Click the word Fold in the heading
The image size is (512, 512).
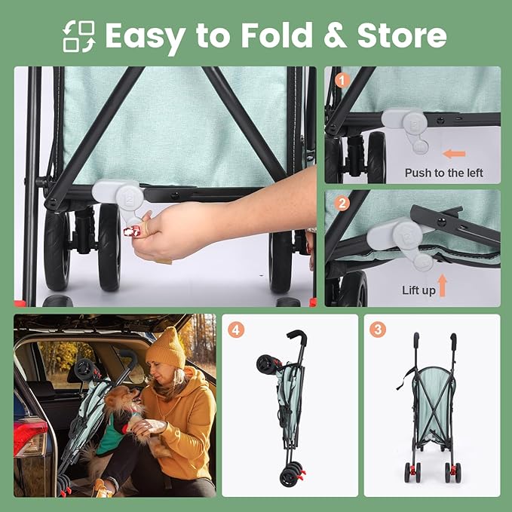click(x=277, y=35)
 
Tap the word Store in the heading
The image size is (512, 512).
click(x=402, y=35)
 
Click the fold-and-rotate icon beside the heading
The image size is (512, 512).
click(x=79, y=36)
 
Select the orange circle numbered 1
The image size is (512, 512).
click(x=342, y=81)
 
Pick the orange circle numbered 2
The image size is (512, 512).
click(x=342, y=204)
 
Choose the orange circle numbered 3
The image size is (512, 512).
click(x=378, y=330)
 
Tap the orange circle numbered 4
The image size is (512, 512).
click(x=236, y=330)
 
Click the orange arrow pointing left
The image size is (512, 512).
click(x=454, y=154)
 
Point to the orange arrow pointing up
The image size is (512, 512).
click(x=442, y=285)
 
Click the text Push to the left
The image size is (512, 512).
click(x=443, y=173)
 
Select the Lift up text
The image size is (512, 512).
click(x=418, y=290)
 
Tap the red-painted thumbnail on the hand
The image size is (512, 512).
click(x=132, y=231)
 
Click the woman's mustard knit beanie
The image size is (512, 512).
click(x=166, y=348)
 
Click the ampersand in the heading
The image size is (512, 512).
click(x=335, y=35)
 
